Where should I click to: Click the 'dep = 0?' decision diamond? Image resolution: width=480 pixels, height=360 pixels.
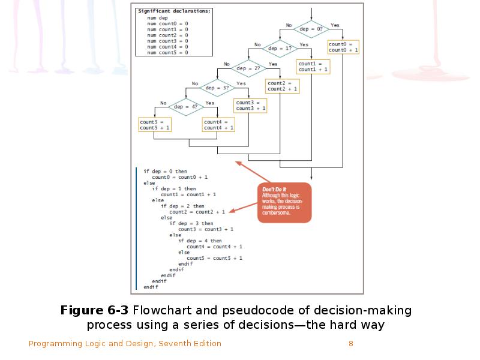[x=311, y=29]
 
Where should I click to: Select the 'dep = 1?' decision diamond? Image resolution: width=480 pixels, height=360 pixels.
[x=280, y=48]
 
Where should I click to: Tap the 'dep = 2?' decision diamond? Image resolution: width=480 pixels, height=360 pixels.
[x=248, y=68]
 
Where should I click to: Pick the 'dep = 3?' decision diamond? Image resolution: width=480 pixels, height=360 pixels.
[x=217, y=88]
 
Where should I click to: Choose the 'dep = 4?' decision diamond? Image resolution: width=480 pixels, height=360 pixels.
[x=185, y=107]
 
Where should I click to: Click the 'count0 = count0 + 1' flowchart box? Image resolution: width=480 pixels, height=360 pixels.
[x=343, y=47]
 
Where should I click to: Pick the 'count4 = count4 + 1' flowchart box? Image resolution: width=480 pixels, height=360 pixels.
[x=218, y=125]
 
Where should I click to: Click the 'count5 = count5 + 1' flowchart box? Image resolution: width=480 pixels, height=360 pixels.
[x=155, y=125]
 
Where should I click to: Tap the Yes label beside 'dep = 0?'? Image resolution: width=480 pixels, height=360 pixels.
[x=335, y=25]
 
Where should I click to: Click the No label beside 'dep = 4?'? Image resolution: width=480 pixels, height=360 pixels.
[x=163, y=103]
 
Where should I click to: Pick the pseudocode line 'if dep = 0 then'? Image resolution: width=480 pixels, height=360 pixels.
[x=165, y=172]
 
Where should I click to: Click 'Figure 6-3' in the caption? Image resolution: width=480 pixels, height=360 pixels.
[x=95, y=311]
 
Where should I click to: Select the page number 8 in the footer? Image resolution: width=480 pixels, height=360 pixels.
[x=350, y=344]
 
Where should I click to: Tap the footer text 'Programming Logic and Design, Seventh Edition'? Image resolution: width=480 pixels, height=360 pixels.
[x=125, y=344]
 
